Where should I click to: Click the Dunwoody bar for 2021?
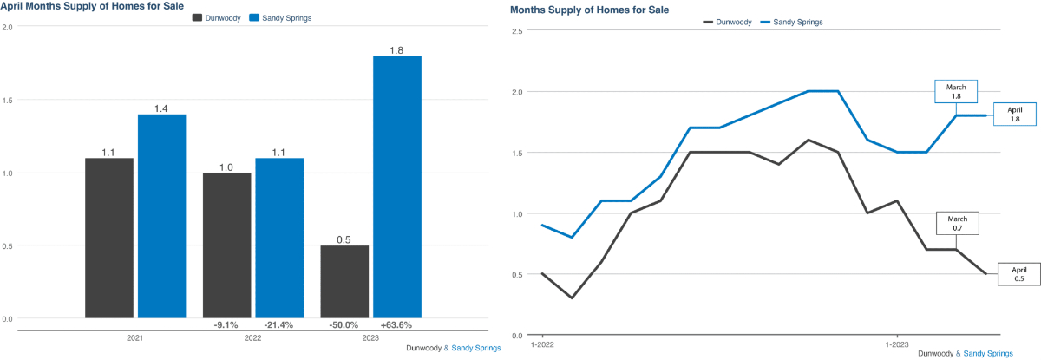[x=108, y=238]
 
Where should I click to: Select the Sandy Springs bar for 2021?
[x=161, y=216]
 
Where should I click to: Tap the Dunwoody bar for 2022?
[x=226, y=245]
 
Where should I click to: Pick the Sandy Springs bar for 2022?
[x=279, y=238]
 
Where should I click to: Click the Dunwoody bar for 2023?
[x=344, y=281]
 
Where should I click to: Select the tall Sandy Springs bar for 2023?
[x=397, y=187]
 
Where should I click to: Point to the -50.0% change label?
[x=344, y=325]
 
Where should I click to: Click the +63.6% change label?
[x=396, y=325]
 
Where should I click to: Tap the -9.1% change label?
[x=226, y=325]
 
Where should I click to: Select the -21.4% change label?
[x=279, y=325]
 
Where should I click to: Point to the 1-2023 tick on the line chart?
[x=896, y=343]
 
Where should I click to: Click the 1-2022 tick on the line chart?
[x=542, y=343]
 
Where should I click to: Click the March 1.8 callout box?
[x=956, y=92]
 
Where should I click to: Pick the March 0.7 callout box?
[x=957, y=223]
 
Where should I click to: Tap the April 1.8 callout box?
[x=1016, y=115]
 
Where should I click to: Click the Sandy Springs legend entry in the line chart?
[x=792, y=22]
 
